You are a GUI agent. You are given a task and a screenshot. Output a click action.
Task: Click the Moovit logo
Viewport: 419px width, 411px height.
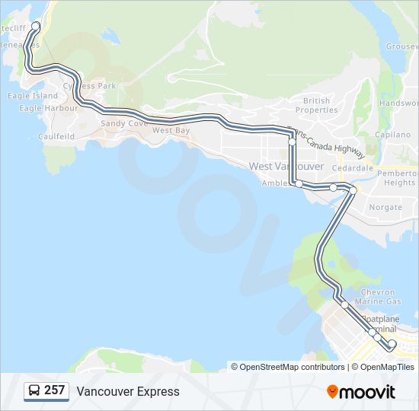[x=361, y=392]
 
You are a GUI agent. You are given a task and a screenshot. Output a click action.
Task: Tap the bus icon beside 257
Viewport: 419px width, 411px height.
[x=34, y=391]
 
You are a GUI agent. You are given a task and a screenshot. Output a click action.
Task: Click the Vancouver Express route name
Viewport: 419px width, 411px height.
[x=128, y=392]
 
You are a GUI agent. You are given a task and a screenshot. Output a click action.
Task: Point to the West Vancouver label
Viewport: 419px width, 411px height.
[x=286, y=167]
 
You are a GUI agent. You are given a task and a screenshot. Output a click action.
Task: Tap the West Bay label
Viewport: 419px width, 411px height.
[x=171, y=131]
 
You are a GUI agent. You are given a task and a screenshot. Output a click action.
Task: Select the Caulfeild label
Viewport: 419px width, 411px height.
[x=56, y=137]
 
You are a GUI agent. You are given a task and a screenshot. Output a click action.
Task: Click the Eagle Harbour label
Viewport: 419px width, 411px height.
[x=49, y=108]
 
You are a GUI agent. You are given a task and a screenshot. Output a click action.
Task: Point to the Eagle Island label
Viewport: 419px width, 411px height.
[x=32, y=96]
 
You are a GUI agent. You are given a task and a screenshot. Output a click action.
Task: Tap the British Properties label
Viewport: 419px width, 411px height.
[x=316, y=105]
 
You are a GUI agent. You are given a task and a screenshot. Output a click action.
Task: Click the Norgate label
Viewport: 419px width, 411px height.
[x=385, y=207]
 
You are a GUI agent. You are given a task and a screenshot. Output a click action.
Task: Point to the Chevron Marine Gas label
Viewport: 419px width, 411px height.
[x=379, y=297]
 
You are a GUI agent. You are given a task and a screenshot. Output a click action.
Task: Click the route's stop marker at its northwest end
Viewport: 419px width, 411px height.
[x=35, y=26]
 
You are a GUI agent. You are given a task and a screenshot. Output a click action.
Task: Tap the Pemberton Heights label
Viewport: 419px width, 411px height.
[x=400, y=178]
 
